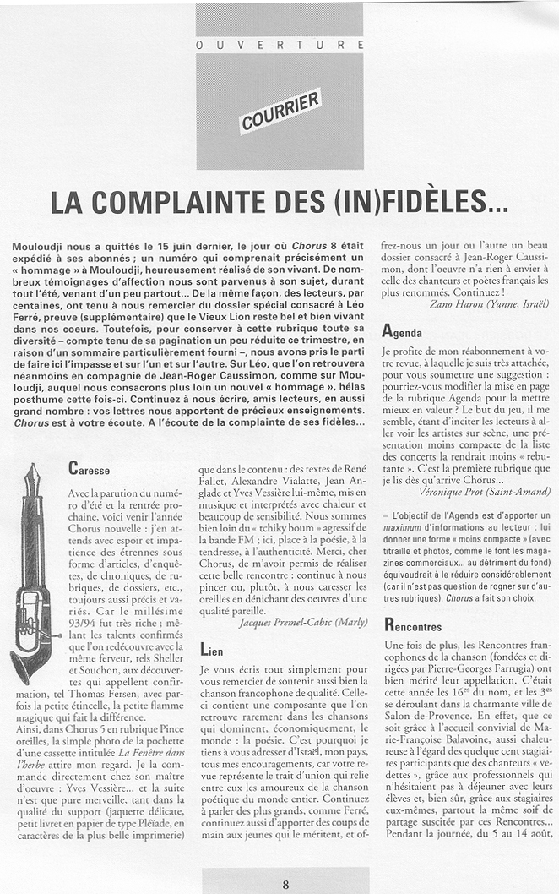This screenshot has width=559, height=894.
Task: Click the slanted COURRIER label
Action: tap(280, 112)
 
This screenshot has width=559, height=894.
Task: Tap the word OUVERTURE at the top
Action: tap(280, 44)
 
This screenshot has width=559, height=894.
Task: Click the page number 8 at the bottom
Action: tap(286, 885)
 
